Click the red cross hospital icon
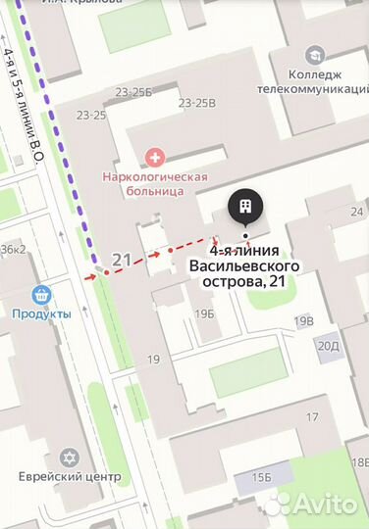click(x=154, y=156)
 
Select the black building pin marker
click(x=242, y=208)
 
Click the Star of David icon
click(x=69, y=457)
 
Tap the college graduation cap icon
click(x=315, y=55)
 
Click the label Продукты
click(x=41, y=313)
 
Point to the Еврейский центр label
click(x=69, y=477)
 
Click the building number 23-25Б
click(x=133, y=93)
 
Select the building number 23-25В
click(x=197, y=102)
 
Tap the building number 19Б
click(x=204, y=313)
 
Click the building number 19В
click(x=303, y=320)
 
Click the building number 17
click(x=312, y=417)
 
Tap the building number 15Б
click(x=260, y=476)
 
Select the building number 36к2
click(x=13, y=249)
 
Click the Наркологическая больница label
click(x=155, y=183)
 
